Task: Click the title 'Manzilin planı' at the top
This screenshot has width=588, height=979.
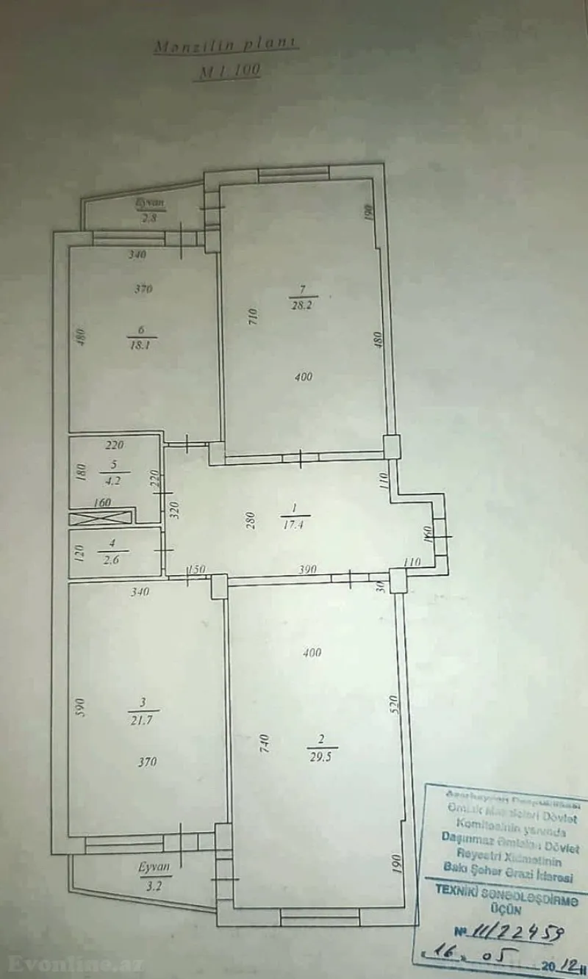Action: tap(226, 46)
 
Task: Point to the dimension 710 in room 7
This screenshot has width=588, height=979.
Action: tap(251, 317)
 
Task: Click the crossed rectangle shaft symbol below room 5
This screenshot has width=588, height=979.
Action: tap(101, 518)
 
